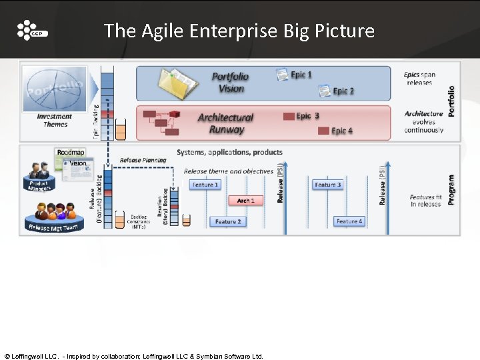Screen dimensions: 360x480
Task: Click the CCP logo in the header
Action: [31, 31]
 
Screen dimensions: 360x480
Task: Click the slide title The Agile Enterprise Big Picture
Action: [239, 31]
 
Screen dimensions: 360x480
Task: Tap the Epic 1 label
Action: [301, 75]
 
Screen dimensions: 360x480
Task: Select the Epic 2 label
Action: [343, 91]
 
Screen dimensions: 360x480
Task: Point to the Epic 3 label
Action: [307, 116]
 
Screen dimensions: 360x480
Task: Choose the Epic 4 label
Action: [342, 131]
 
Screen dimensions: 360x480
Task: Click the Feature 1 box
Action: [204, 185]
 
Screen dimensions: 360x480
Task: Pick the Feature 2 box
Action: [228, 221]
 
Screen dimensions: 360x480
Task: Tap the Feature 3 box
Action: [327, 185]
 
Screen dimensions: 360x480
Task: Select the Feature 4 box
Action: [349, 221]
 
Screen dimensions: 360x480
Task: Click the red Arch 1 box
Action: [245, 200]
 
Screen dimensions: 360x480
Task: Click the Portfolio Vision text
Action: [231, 82]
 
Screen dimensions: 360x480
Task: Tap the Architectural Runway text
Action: [226, 123]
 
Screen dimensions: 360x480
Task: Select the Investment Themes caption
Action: [55, 120]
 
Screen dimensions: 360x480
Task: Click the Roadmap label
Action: [71, 153]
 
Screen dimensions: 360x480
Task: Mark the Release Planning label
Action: [143, 160]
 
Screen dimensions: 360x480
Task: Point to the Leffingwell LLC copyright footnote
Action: [133, 356]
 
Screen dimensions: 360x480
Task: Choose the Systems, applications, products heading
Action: [230, 152]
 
